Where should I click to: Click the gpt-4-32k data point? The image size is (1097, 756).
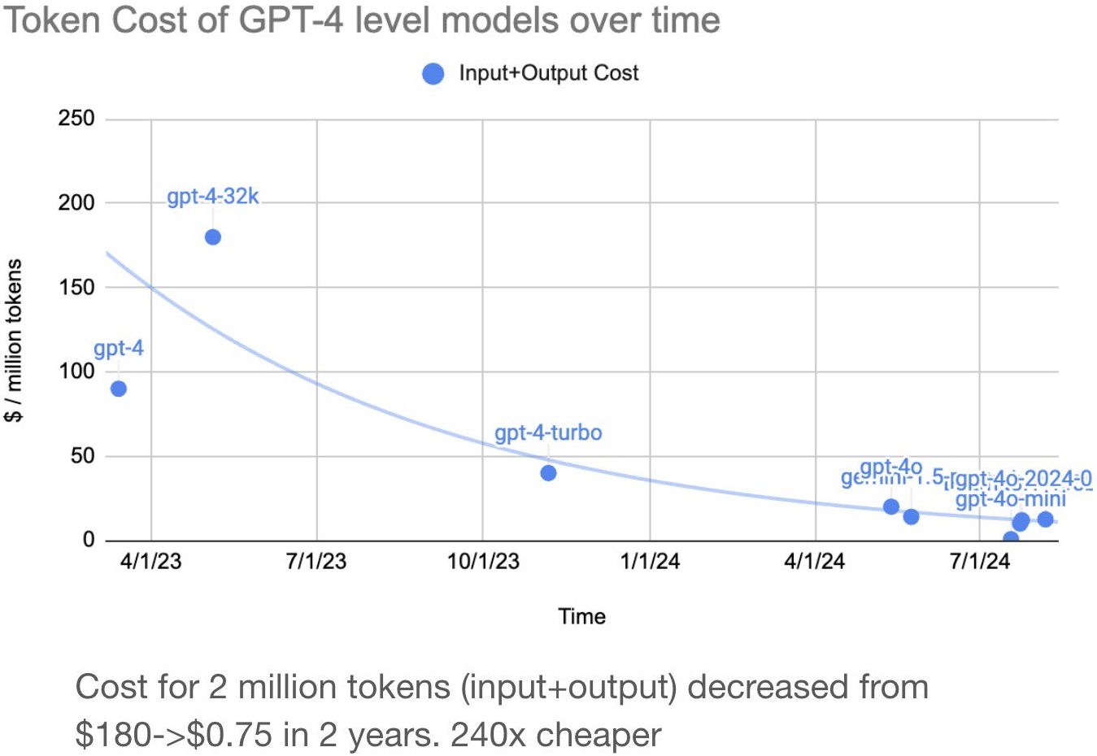point(213,237)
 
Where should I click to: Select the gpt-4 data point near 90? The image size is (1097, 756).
point(119,389)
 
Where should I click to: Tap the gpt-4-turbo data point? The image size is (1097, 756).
point(548,473)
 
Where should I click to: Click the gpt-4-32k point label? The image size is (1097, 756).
point(213,198)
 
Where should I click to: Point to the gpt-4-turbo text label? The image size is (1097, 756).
point(548,432)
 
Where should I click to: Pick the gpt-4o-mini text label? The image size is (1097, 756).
point(1010,499)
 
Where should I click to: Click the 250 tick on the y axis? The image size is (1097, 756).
point(76,119)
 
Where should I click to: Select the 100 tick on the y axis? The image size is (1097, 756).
point(76,371)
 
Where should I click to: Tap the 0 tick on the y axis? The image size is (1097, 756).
point(88,540)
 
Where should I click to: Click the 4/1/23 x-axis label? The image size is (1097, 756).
point(150,561)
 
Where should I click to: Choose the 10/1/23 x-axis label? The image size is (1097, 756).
point(483,561)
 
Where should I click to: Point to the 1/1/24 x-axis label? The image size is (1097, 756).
point(650,561)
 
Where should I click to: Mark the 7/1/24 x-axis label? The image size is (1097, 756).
point(980,561)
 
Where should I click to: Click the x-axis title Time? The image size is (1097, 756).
point(581,616)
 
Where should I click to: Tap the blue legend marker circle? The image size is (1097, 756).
point(433,74)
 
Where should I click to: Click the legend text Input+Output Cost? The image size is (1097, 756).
point(549,73)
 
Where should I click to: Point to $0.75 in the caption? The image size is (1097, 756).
point(229,735)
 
